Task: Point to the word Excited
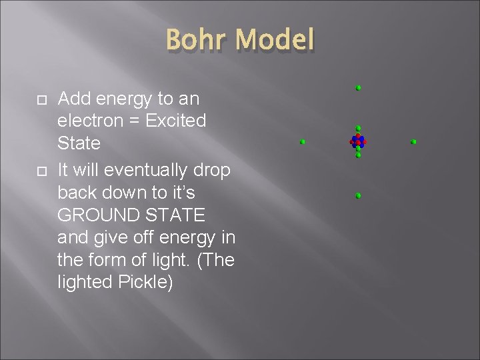[175, 121]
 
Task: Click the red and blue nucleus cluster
[358, 141]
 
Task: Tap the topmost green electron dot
[358, 88]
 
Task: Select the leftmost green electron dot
[303, 142]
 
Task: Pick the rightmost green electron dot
[413, 142]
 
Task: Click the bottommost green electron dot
[358, 196]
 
